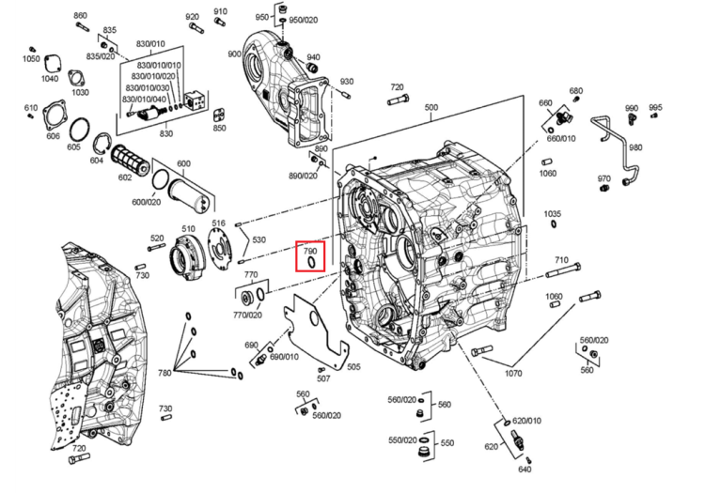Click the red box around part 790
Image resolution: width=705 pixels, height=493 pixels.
click(x=296, y=256)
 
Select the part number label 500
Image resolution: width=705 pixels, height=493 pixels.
click(x=431, y=108)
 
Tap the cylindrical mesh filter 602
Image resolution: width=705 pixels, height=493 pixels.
click(x=130, y=161)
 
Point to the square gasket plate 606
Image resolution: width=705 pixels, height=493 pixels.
click(x=56, y=116)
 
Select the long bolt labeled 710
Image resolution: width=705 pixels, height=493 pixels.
click(x=563, y=270)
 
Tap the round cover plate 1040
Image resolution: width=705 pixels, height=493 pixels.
click(x=51, y=63)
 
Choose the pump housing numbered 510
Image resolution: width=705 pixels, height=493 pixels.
click(x=186, y=254)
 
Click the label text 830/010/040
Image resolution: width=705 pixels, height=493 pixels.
click(x=144, y=99)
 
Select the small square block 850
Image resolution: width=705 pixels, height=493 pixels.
click(x=219, y=115)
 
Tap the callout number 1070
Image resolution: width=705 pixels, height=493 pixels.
click(x=513, y=373)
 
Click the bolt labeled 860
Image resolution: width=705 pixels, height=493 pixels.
click(x=82, y=26)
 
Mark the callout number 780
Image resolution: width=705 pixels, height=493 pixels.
click(x=164, y=373)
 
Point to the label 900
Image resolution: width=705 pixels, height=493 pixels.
click(x=235, y=54)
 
